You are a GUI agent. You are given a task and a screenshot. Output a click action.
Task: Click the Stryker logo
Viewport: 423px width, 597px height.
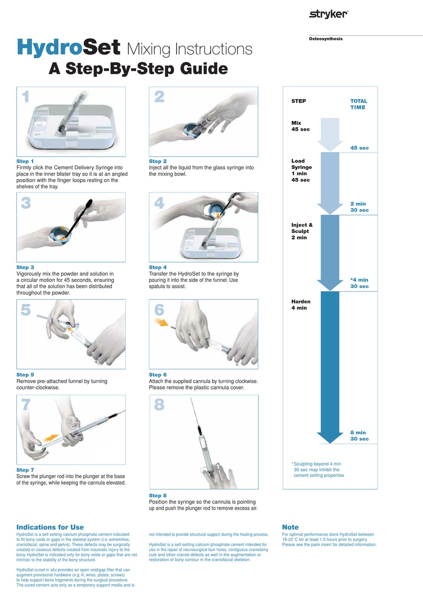click(328, 14)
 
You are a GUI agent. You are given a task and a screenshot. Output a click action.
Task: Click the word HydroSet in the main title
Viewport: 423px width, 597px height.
click(68, 48)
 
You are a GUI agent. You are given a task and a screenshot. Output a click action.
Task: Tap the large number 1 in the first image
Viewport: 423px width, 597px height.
click(26, 96)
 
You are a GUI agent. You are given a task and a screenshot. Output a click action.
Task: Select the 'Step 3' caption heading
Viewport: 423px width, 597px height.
click(25, 267)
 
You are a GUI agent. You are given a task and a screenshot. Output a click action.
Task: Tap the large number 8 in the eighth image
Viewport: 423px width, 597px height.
click(159, 405)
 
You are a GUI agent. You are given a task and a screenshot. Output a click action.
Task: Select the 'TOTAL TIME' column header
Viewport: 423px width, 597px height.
click(358, 104)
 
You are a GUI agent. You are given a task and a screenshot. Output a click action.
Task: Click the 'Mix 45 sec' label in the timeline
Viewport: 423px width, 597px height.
click(301, 126)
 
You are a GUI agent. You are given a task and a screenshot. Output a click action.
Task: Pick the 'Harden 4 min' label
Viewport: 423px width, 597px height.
click(301, 305)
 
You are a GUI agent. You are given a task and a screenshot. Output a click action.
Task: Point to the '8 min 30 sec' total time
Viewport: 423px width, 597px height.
click(359, 436)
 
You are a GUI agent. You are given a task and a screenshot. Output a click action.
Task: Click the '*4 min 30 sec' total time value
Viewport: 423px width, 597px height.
click(359, 283)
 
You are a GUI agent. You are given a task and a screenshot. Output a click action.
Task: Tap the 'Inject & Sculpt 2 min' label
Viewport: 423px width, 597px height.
click(302, 231)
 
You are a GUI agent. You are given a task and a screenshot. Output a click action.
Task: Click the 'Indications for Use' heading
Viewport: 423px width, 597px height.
click(50, 527)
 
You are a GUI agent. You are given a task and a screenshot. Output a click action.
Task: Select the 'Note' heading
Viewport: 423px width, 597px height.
click(290, 527)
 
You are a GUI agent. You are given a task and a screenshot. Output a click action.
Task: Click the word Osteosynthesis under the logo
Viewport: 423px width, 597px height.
click(325, 39)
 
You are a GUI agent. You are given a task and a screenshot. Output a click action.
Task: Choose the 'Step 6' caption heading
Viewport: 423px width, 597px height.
click(158, 375)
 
